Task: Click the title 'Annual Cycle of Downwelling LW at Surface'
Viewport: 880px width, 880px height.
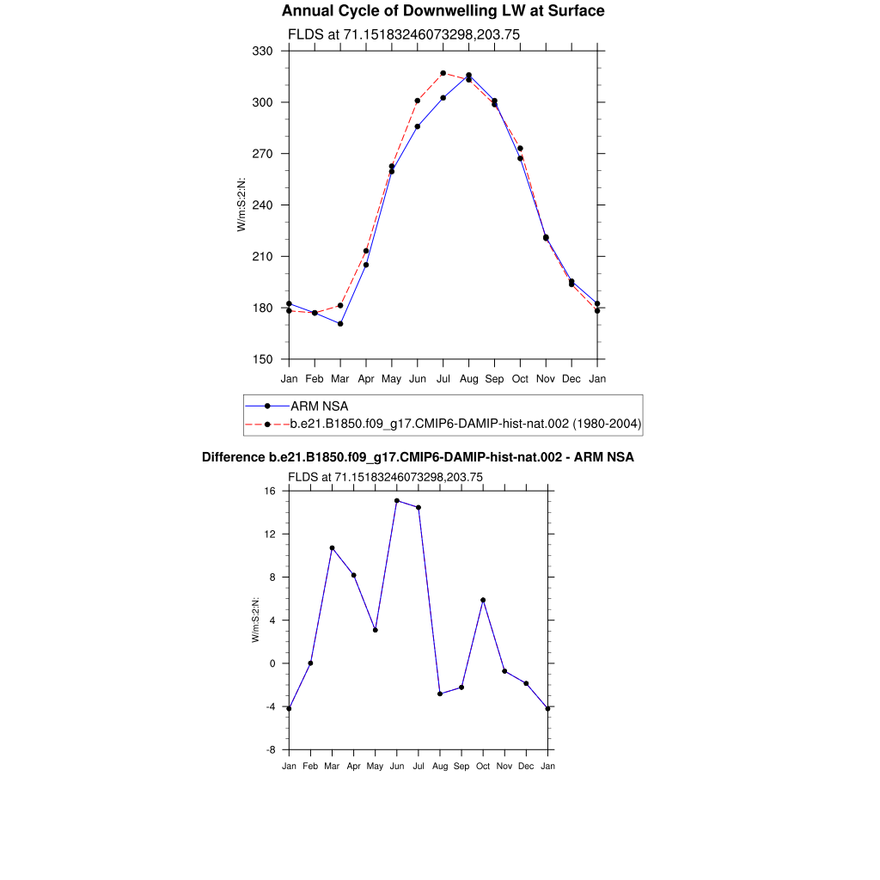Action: point(443,11)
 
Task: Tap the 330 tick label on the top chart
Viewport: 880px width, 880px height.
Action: point(263,52)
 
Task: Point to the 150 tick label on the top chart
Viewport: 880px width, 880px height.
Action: point(263,360)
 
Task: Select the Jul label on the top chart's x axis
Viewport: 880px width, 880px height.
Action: point(443,378)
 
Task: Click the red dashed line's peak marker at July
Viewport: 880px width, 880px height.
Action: point(443,73)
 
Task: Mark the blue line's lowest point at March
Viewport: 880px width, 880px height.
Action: point(340,324)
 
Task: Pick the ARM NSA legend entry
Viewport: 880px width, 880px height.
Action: point(319,406)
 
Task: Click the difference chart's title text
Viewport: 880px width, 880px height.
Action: point(418,457)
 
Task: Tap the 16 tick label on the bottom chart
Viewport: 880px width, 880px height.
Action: point(270,492)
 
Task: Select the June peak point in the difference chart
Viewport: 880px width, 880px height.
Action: point(397,500)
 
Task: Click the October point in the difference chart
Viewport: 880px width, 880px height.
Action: point(483,600)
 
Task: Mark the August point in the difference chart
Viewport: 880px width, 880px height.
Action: point(440,694)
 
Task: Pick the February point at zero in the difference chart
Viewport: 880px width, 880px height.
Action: point(310,663)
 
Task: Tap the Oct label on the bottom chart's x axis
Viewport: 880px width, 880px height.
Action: point(483,766)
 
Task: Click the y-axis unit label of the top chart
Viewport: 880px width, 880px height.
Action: point(241,205)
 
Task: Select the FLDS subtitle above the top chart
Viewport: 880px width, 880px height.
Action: point(403,34)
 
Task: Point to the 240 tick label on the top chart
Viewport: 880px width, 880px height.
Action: point(263,205)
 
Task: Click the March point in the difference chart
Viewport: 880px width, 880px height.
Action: point(332,547)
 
